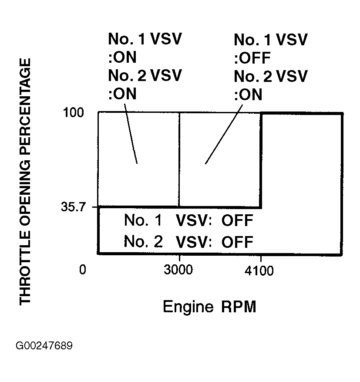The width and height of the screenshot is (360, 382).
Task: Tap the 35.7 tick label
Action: [x=75, y=207]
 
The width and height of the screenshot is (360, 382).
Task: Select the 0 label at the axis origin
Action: [x=82, y=271]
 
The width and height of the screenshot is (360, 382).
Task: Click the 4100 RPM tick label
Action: [x=260, y=272]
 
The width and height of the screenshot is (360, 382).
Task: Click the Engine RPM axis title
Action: [x=209, y=307]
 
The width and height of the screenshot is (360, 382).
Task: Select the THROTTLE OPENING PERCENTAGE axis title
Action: [x=26, y=182]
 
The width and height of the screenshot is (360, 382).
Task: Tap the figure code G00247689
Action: [x=44, y=346]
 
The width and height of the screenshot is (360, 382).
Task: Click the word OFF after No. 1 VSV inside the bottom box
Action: [x=237, y=221]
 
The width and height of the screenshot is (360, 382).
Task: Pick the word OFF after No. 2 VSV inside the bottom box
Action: [x=237, y=241]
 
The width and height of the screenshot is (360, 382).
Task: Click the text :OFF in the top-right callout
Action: [x=252, y=58]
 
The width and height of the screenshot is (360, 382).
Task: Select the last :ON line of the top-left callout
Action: [x=122, y=94]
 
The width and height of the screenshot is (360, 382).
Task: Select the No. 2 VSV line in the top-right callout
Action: [x=270, y=76]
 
